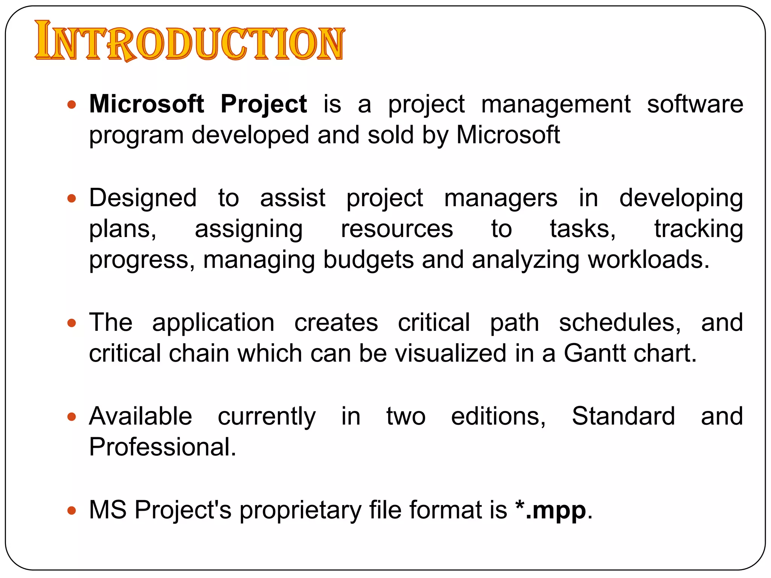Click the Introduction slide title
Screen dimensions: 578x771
point(189,41)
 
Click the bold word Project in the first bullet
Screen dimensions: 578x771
point(264,104)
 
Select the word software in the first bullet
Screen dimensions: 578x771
point(695,104)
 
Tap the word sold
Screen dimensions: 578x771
point(390,135)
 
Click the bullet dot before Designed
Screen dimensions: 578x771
point(72,198)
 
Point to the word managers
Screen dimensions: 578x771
point(500,198)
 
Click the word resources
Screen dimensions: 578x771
point(397,229)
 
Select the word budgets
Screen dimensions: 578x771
point(369,260)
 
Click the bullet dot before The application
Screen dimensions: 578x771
point(72,323)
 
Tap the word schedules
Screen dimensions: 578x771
point(620,323)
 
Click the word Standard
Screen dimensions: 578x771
point(623,416)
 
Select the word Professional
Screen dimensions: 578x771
point(162,447)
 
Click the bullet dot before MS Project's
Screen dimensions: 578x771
point(72,511)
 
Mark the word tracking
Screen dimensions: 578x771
point(698,229)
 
